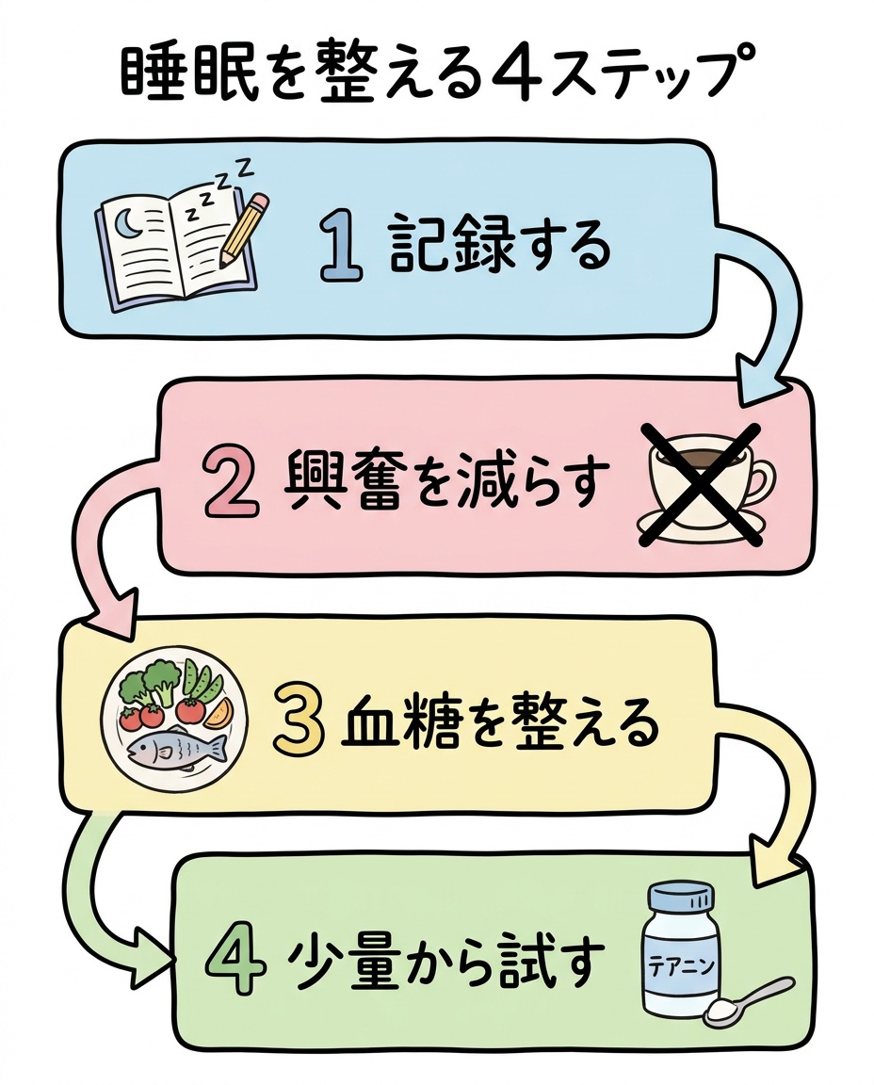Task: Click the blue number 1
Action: click(x=341, y=247)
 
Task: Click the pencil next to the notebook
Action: click(x=244, y=231)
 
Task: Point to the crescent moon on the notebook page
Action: click(x=126, y=223)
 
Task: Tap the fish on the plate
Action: click(x=178, y=750)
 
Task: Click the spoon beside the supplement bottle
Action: click(x=748, y=999)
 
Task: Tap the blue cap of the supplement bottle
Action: click(x=680, y=900)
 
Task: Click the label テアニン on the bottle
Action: click(x=681, y=966)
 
